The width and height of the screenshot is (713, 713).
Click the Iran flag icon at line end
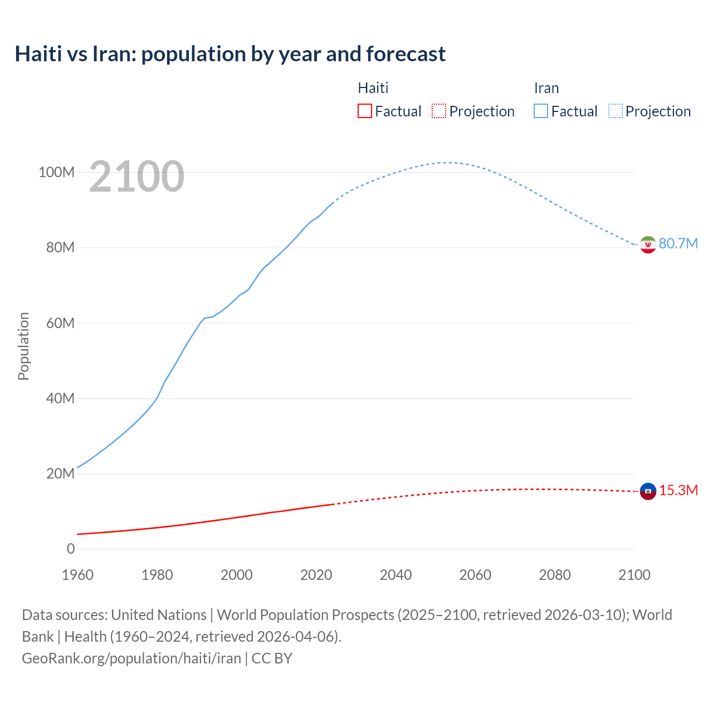tap(648, 245)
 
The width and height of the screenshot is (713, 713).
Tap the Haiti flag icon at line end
tap(648, 491)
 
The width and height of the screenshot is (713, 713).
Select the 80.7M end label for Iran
tap(678, 244)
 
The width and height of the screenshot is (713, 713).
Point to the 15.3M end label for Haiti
tap(678, 491)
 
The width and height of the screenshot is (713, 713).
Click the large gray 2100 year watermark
tap(136, 177)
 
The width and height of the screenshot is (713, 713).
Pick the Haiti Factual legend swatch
tap(365, 111)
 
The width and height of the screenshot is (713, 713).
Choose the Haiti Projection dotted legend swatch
tap(439, 111)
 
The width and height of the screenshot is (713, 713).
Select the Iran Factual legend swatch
tap(541, 111)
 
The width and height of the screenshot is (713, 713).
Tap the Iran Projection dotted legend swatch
tap(616, 111)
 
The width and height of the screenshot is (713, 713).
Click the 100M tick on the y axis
tap(56, 173)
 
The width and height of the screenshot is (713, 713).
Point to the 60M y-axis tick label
tap(60, 324)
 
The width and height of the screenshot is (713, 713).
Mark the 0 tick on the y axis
tap(71, 549)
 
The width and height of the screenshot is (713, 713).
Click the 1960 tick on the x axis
tap(78, 575)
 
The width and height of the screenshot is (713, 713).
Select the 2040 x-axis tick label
tap(395, 575)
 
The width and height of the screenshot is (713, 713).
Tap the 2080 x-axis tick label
tap(555, 575)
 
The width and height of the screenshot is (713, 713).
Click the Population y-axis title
tap(23, 346)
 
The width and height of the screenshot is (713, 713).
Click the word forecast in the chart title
tap(406, 54)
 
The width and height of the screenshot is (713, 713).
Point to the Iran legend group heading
tap(546, 88)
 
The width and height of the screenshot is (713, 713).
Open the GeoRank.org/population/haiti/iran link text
tap(131, 658)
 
